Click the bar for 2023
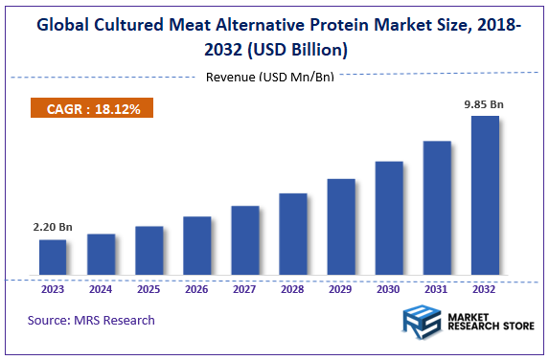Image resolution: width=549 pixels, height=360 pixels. coord(53,258)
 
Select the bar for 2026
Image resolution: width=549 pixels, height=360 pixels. coord(196,246)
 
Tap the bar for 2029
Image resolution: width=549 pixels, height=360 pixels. coord(340,227)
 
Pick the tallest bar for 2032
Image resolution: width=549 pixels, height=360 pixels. coord(484,196)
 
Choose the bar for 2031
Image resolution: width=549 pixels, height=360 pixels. coord(437,209)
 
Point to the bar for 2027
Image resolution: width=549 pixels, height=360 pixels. coord(245,240)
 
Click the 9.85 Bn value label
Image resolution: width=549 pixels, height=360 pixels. coord(484,102)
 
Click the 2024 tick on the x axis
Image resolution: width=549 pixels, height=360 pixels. coord(101,288)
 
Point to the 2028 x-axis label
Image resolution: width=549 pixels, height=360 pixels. coord(293,288)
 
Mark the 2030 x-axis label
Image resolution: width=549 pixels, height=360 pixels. coord(389,288)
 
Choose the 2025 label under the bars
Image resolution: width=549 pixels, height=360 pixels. coord(149,288)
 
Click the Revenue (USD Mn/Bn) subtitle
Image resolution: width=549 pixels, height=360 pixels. coord(269,77)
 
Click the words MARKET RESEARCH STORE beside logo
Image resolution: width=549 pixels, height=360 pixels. coord(483,325)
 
